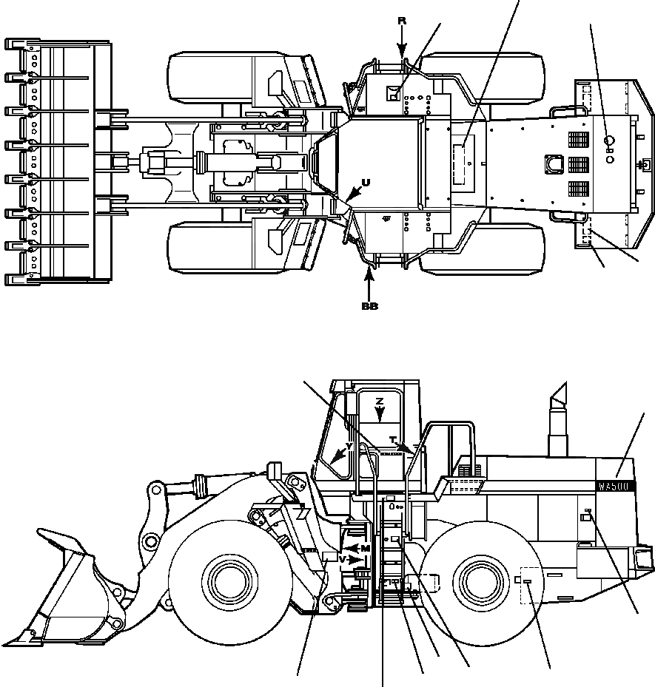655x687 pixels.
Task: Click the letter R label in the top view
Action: coord(402,21)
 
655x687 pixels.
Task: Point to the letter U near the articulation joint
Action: coord(365,182)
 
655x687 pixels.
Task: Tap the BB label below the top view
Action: coord(369,306)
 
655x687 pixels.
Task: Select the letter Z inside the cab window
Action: coord(379,401)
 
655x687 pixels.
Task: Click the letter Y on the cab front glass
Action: coord(349,447)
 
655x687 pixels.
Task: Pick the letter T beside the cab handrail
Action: coord(392,440)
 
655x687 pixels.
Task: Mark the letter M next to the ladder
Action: coord(365,548)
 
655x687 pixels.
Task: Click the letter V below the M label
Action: coord(341,559)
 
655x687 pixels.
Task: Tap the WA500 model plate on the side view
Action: coord(613,487)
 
